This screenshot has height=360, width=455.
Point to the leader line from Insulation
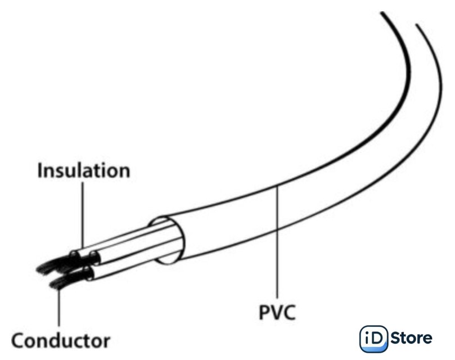83,214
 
